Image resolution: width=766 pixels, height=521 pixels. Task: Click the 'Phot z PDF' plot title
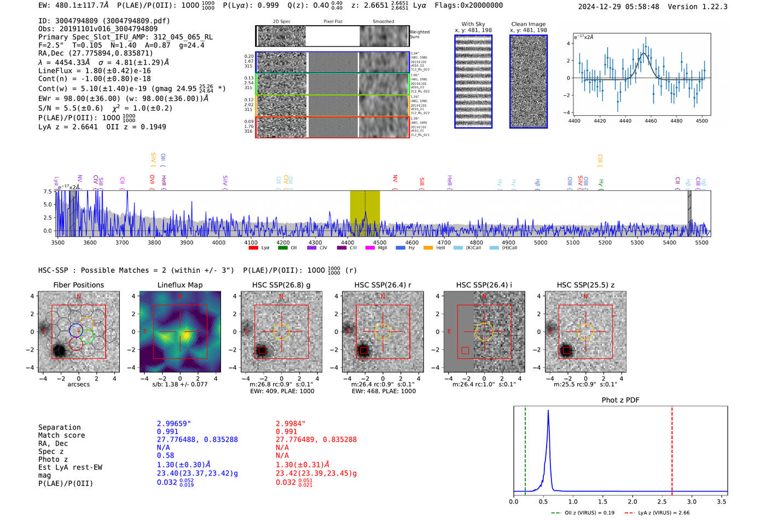click(620, 400)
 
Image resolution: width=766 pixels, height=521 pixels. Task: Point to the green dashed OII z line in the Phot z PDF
click(525, 448)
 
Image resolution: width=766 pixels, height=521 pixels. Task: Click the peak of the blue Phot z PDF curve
click(548, 411)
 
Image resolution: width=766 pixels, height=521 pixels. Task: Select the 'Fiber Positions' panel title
click(78, 285)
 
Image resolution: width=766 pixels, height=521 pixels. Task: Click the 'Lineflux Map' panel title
click(179, 285)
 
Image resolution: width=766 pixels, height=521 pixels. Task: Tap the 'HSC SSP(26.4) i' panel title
click(484, 285)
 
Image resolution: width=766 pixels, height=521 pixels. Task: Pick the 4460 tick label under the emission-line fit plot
click(651, 121)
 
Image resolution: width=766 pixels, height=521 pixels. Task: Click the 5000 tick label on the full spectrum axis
click(541, 243)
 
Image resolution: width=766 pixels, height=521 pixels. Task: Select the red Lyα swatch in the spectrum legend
click(253, 248)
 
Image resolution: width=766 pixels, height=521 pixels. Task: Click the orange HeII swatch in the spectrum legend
click(428, 248)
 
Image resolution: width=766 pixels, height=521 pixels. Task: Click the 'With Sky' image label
click(473, 24)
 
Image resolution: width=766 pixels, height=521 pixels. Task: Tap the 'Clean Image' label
click(528, 24)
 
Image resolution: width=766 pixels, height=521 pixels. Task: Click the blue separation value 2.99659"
click(173, 424)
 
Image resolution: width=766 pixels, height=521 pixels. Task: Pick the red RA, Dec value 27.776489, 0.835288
click(316, 440)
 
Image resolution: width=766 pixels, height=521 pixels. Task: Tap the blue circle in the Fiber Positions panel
click(76, 330)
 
